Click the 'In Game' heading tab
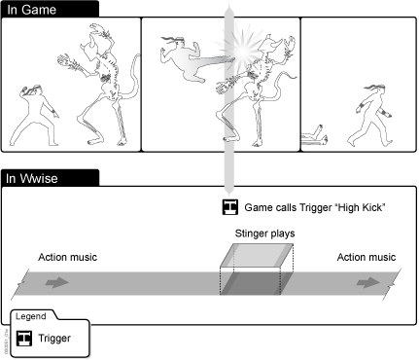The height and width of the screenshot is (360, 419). click(x=50, y=9)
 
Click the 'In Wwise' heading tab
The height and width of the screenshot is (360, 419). click(x=50, y=178)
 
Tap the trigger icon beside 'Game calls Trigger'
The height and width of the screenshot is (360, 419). click(x=230, y=207)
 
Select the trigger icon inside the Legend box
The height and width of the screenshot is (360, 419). click(x=24, y=339)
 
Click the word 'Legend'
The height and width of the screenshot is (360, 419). click(x=31, y=316)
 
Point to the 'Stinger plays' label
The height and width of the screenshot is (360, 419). click(x=264, y=234)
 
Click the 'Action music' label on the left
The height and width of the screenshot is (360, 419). click(x=67, y=257)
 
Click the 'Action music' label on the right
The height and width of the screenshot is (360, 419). click(x=367, y=257)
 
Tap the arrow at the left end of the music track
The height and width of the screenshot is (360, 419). click(x=57, y=282)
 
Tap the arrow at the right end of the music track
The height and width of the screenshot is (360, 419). click(x=368, y=282)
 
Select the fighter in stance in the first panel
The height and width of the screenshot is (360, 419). click(x=34, y=116)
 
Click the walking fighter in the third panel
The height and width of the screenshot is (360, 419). click(x=370, y=116)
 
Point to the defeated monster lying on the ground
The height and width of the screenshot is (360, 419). click(x=314, y=136)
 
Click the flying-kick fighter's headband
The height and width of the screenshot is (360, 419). click(x=173, y=41)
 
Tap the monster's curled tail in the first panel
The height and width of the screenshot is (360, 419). click(x=132, y=78)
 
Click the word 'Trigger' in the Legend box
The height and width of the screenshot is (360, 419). click(x=54, y=339)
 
